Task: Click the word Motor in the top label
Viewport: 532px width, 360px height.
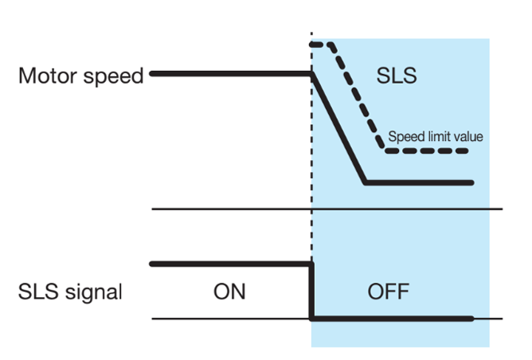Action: (47, 76)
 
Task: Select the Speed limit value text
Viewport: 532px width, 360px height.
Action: (435, 136)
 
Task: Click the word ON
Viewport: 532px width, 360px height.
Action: (229, 292)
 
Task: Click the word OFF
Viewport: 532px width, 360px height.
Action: (389, 292)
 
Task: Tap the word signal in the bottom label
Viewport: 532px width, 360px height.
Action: (92, 292)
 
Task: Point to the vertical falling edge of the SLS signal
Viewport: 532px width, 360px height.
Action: (311, 291)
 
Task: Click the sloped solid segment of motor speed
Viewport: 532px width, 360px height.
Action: (338, 127)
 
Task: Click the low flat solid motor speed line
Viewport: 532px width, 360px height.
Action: (418, 182)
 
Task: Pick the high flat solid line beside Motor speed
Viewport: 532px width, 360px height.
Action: (231, 73)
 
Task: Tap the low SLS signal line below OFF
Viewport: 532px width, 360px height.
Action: (390, 319)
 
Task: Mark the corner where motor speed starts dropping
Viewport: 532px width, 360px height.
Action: (311, 74)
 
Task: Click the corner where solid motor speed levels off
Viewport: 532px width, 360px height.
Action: (366, 182)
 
